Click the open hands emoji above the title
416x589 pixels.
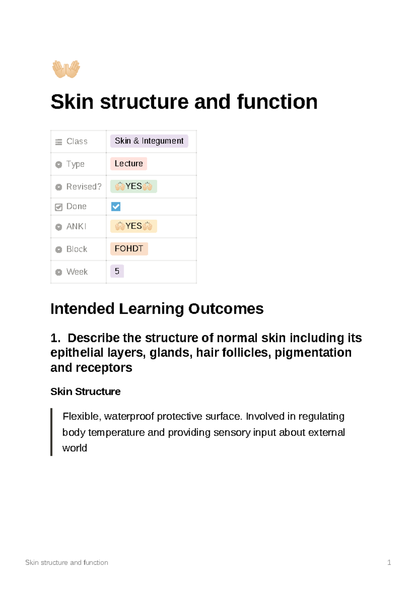66,69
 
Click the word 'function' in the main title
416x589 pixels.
277,102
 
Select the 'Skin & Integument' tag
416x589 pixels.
149,141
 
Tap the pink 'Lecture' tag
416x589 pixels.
129,163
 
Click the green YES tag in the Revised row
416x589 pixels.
133,186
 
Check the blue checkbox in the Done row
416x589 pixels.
116,207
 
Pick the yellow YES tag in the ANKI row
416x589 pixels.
133,226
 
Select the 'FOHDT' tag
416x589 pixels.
129,249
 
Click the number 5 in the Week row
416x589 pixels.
117,271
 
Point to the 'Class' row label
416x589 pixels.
77,142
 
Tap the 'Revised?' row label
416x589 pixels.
84,187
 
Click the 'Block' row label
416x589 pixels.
77,249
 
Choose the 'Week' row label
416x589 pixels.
77,272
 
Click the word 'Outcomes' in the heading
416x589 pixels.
226,309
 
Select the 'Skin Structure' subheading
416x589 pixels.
85,392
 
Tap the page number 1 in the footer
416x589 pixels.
389,562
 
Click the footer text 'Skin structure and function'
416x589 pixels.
67,562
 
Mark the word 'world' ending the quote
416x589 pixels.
75,448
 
